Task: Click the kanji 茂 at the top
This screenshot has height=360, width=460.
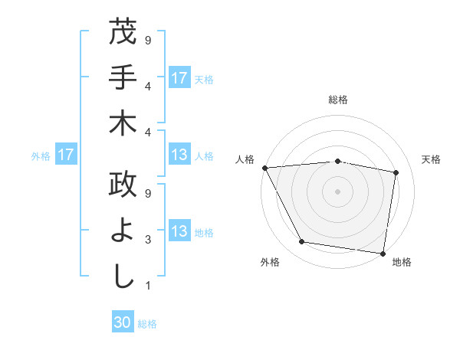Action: point(123,32)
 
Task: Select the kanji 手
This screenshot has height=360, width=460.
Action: point(123,77)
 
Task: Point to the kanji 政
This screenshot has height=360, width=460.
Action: point(123,185)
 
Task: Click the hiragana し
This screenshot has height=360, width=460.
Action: point(123,276)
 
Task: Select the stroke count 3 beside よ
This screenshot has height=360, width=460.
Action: point(147,241)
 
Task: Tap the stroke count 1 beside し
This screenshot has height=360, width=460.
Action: point(147,286)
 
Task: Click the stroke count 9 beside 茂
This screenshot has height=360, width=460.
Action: point(147,39)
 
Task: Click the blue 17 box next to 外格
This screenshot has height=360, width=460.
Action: point(65,155)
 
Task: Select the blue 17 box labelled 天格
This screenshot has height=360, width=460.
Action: point(179,77)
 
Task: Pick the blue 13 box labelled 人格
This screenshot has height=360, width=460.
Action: point(179,155)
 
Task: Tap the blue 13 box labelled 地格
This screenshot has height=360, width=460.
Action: point(179,231)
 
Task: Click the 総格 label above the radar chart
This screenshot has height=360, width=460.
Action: point(338,100)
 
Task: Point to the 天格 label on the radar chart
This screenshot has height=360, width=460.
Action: point(431,159)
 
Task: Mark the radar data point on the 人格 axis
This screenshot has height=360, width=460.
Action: point(264,167)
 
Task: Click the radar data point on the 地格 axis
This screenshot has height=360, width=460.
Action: point(383,253)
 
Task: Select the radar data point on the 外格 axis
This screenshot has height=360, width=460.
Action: point(302,242)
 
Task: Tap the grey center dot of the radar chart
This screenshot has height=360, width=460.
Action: point(338,191)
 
